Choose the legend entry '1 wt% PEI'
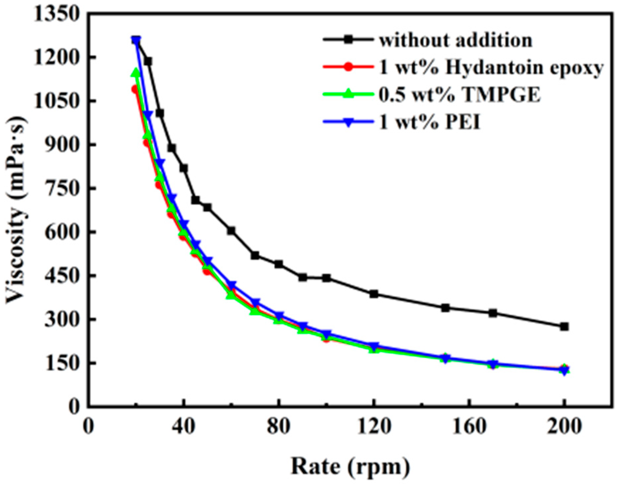[430, 123]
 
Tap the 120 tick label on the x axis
[374, 427]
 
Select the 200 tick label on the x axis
[564, 427]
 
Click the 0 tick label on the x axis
[88, 427]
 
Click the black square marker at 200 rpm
[564, 327]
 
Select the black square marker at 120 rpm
[374, 294]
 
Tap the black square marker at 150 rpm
[445, 308]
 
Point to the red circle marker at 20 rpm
[135, 89]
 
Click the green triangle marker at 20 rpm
[136, 73]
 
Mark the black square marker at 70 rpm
[255, 255]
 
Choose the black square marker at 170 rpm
[493, 313]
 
